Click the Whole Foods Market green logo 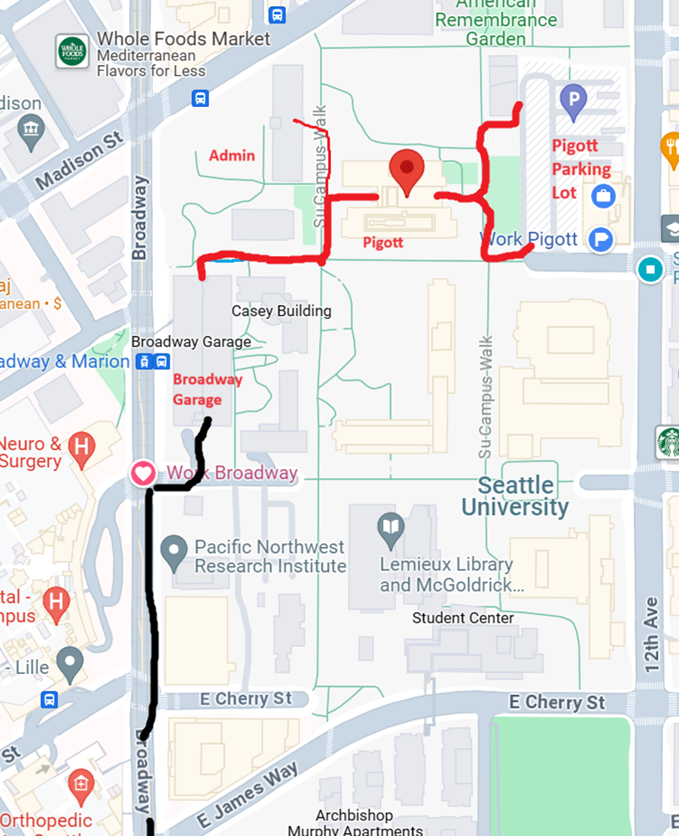coord(72,50)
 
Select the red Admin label coord(232,155)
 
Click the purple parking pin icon coord(573,99)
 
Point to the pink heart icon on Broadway coord(143,473)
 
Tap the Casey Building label coord(281,311)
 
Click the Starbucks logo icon coord(669,442)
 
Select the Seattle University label coord(515,496)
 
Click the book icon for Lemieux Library coord(391,527)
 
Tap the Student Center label coord(463,617)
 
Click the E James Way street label coord(248,795)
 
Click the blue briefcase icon coord(603,196)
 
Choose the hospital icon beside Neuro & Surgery coord(81,446)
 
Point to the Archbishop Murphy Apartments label coord(355,823)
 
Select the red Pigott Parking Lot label coord(581,169)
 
